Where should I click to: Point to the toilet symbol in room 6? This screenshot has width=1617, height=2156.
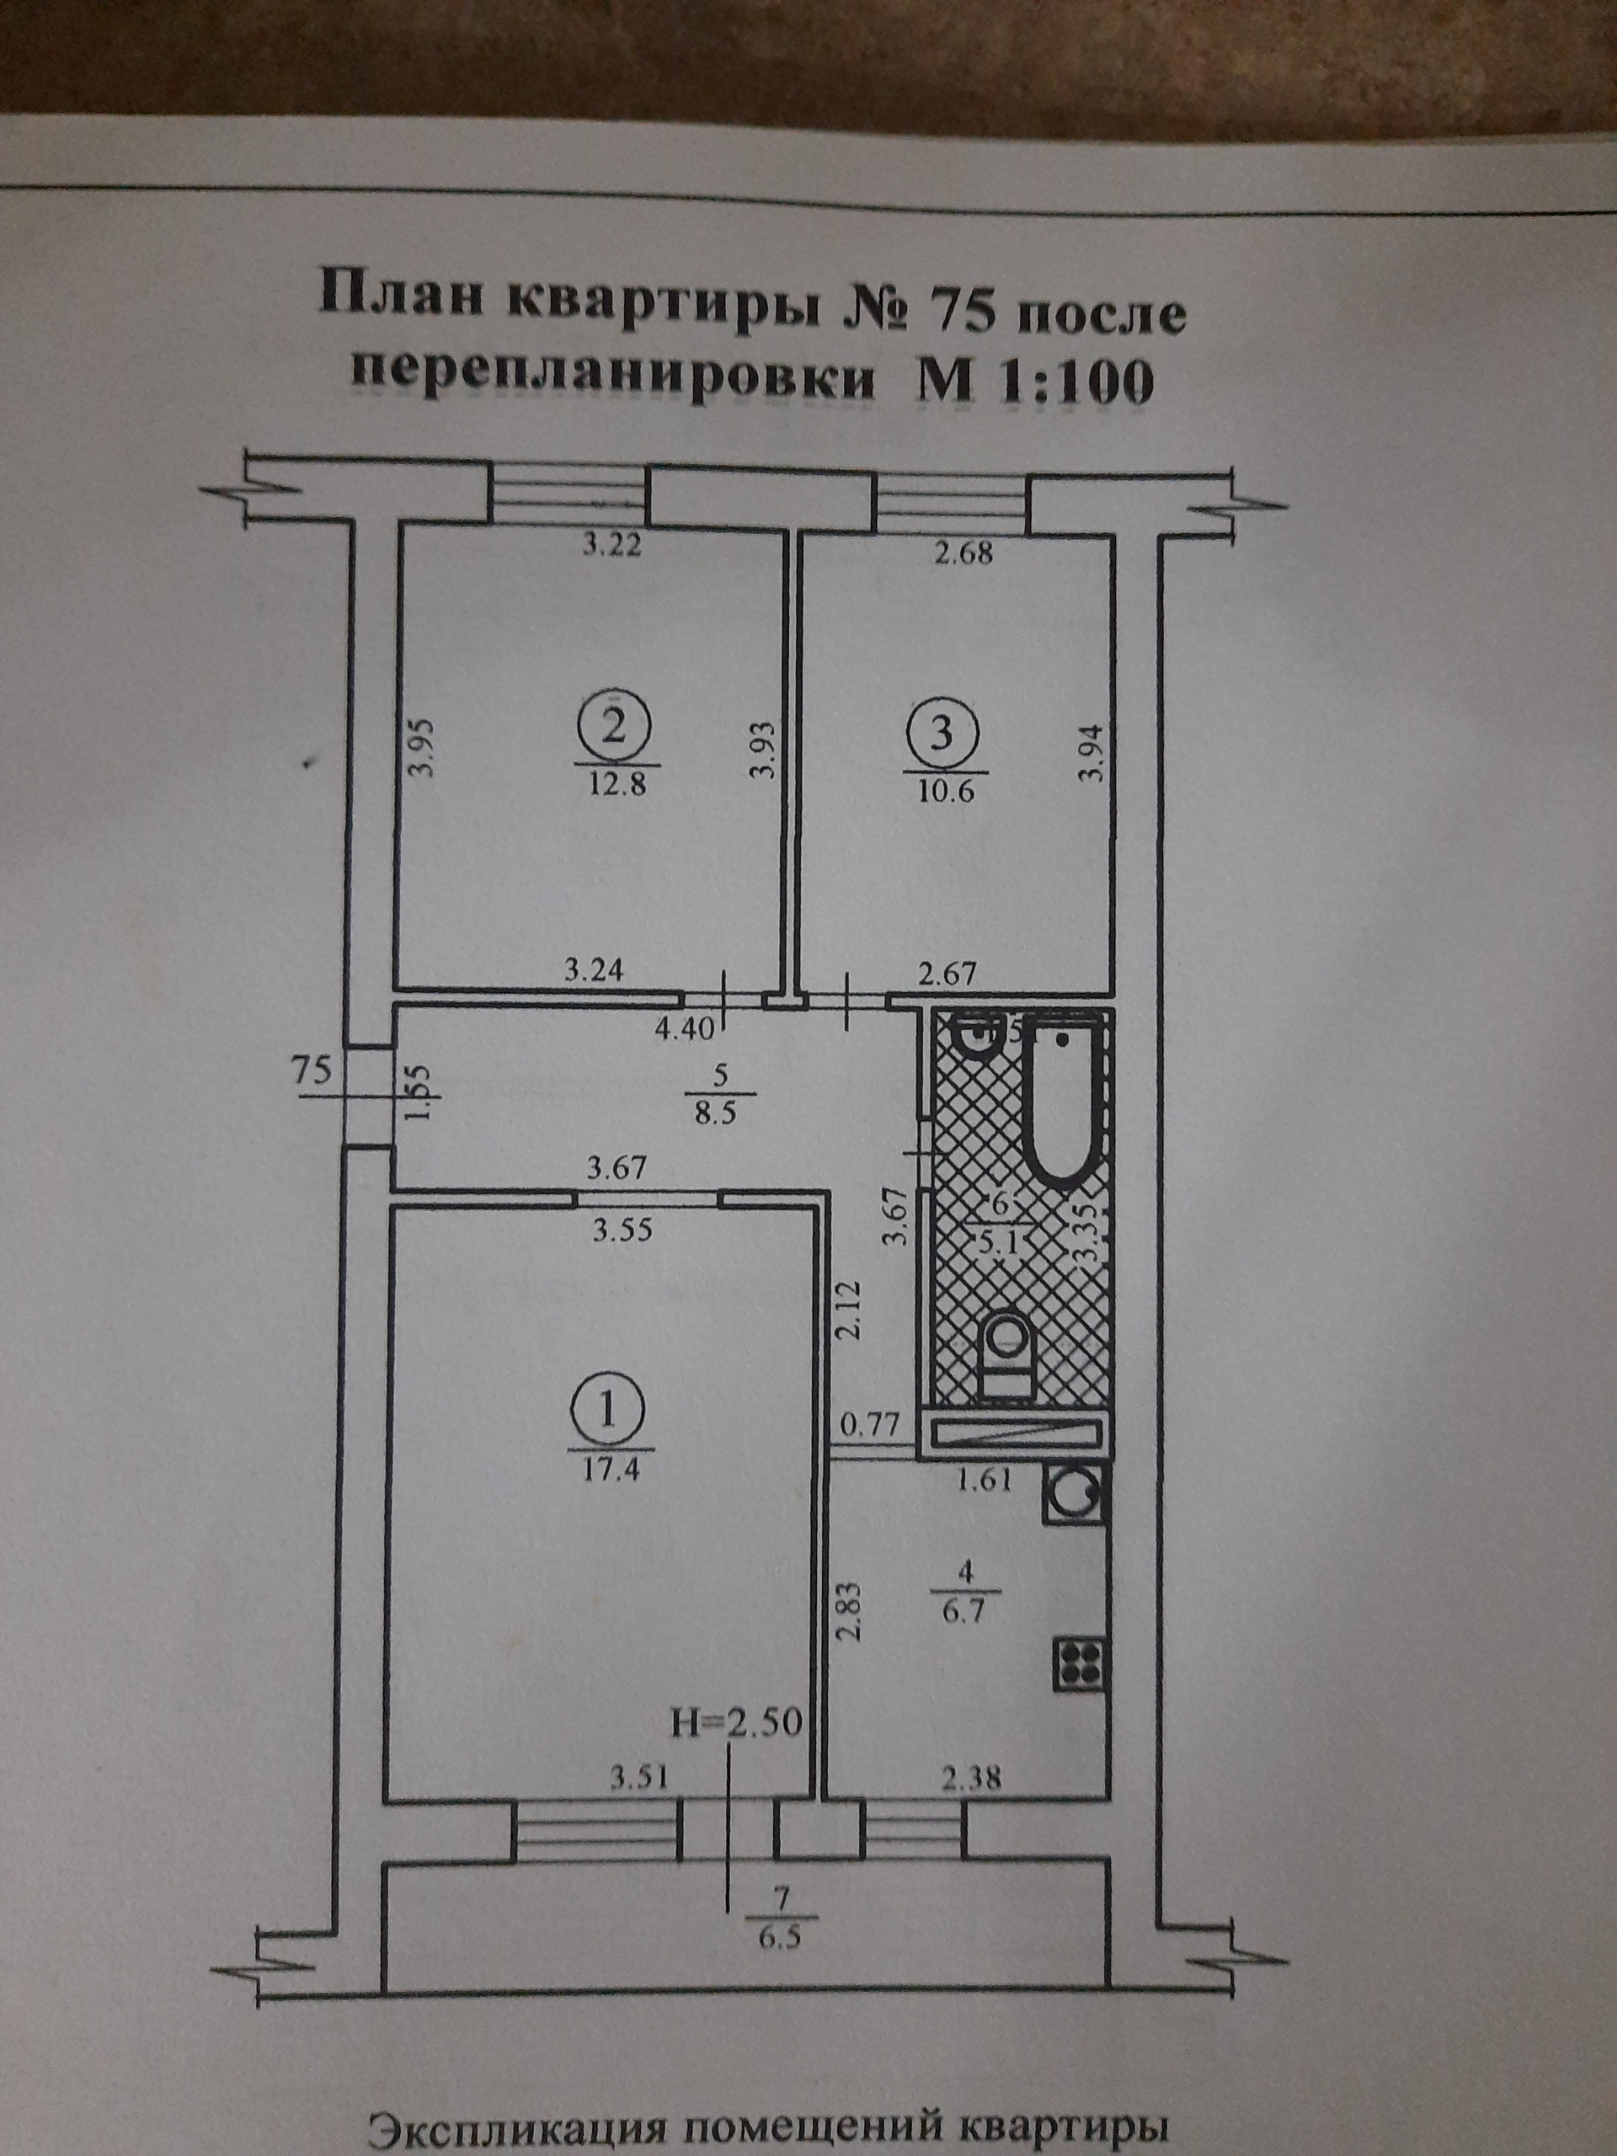pyautogui.click(x=1004, y=1352)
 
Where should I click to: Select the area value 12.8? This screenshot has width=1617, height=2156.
pyautogui.click(x=618, y=785)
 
